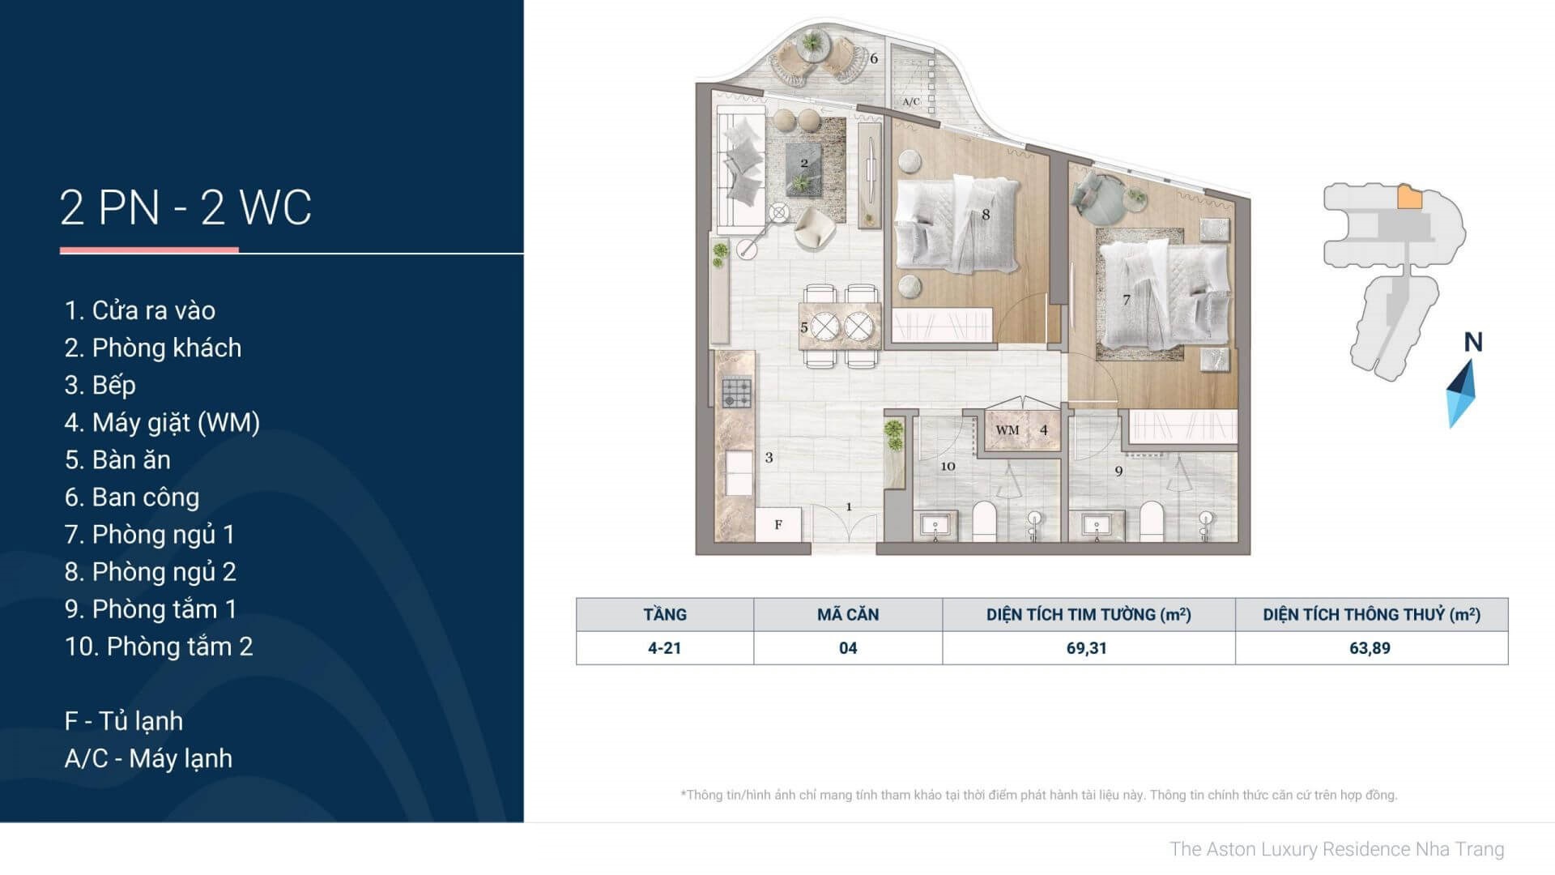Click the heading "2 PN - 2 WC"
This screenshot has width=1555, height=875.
pyautogui.click(x=185, y=207)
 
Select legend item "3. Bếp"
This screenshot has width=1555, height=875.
pyautogui.click(x=100, y=385)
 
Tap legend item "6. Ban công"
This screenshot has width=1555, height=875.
pyautogui.click(x=132, y=497)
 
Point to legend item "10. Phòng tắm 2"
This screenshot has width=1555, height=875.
pyautogui.click(x=159, y=646)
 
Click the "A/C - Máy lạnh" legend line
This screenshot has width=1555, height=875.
pyautogui.click(x=148, y=758)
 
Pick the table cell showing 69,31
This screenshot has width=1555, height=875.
pyautogui.click(x=1087, y=648)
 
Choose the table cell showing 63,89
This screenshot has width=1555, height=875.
pyautogui.click(x=1370, y=648)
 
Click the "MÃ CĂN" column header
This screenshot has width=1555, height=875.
pyautogui.click(x=848, y=614)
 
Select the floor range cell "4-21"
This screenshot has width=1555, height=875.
pyautogui.click(x=664, y=648)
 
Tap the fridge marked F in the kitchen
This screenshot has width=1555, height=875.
pyautogui.click(x=778, y=524)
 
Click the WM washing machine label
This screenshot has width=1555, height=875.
pyautogui.click(x=1008, y=430)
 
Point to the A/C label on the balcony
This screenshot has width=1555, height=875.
pyautogui.click(x=911, y=102)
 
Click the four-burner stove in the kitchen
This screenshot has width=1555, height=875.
pyautogui.click(x=737, y=393)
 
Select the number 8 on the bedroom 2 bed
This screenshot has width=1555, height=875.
pyautogui.click(x=986, y=215)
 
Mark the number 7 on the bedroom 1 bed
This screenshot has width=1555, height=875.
pyautogui.click(x=1127, y=300)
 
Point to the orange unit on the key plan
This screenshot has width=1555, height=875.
pyautogui.click(x=1410, y=197)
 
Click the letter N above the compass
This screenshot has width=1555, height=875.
pyautogui.click(x=1473, y=343)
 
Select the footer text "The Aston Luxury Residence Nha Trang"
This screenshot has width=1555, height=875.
pyautogui.click(x=1337, y=849)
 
